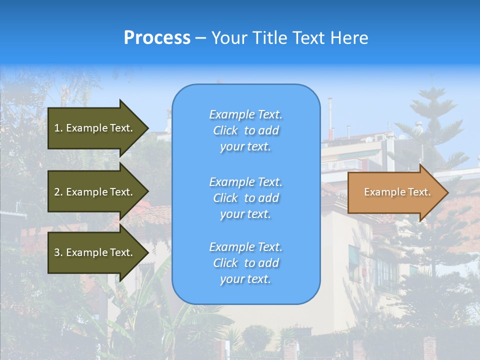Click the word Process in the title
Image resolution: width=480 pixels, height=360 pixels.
pos(157,38)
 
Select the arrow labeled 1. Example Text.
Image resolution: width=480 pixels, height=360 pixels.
pos(93,128)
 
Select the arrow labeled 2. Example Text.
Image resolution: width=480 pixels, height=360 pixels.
pos(93,192)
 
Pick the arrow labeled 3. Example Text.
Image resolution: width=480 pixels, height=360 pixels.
pos(93,252)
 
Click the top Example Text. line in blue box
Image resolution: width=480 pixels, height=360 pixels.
pos(245,114)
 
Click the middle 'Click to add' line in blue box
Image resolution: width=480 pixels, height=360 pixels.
pos(245,198)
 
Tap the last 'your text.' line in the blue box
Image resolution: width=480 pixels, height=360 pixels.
pos(245,279)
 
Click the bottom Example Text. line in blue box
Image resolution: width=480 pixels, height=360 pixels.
pos(245,247)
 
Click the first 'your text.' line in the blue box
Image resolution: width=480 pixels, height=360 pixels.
pos(245,146)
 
